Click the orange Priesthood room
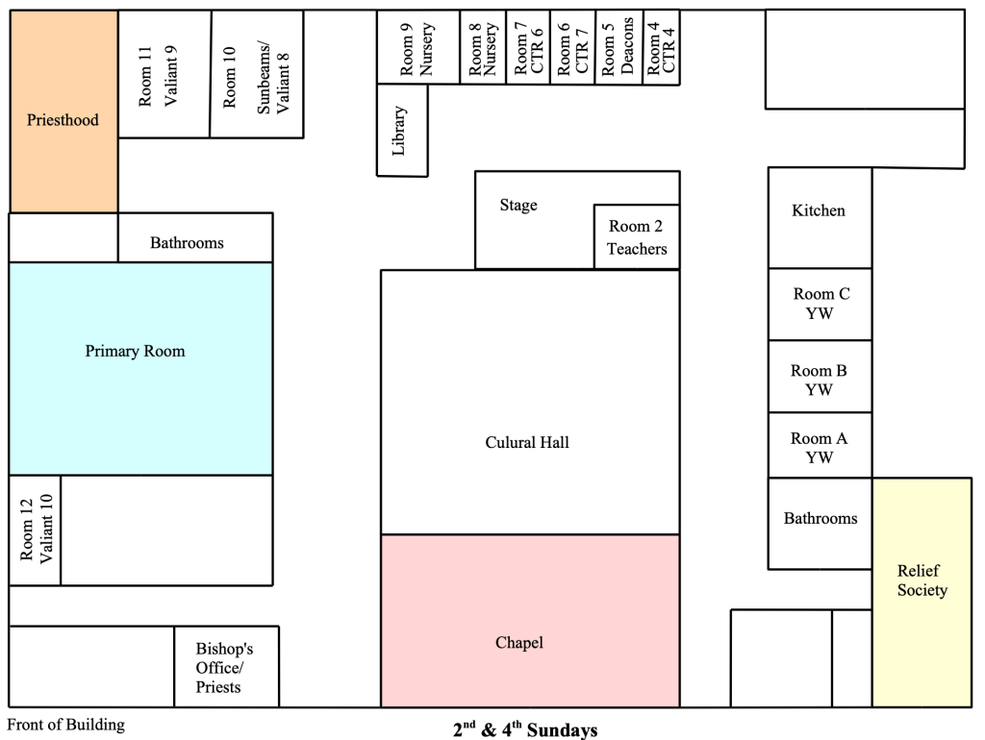pyautogui.click(x=63, y=120)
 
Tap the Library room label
pyautogui.click(x=400, y=130)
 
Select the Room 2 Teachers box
pyautogui.click(x=637, y=237)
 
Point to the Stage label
pyautogui.click(x=518, y=206)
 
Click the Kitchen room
pyautogui.click(x=819, y=210)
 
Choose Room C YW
pyautogui.click(x=821, y=304)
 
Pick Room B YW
pyautogui.click(x=819, y=380)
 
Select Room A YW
pyautogui.click(x=819, y=448)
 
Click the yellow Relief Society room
pyautogui.click(x=922, y=580)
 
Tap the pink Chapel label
pyautogui.click(x=519, y=642)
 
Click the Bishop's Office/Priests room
pyautogui.click(x=225, y=668)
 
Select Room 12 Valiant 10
pyautogui.click(x=35, y=530)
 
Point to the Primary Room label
pyautogui.click(x=135, y=352)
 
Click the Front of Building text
pyautogui.click(x=66, y=725)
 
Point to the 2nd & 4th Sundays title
pyautogui.click(x=525, y=729)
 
